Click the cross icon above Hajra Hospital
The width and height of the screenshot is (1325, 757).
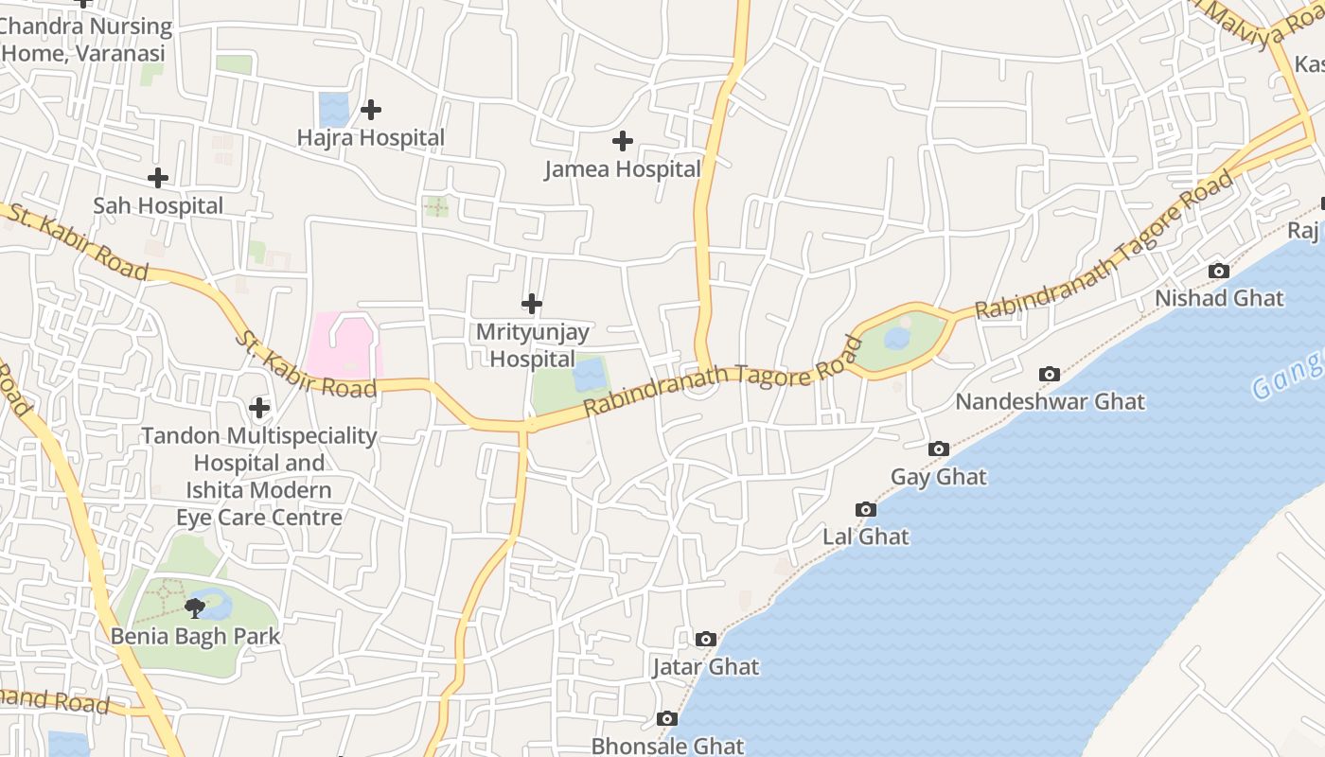(371, 110)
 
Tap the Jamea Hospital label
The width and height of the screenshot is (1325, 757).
(622, 169)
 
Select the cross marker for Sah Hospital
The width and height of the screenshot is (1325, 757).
(158, 177)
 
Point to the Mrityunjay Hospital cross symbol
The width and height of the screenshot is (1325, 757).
(532, 304)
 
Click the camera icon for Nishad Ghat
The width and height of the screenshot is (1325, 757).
(1219, 272)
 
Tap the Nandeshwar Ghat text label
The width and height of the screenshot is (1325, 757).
(1050, 401)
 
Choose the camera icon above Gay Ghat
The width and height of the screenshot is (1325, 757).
(939, 449)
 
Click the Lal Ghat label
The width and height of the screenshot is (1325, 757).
(865, 537)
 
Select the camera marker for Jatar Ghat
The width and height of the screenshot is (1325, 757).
(705, 640)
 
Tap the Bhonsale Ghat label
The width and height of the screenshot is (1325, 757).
(667, 746)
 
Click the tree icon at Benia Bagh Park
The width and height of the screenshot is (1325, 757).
(195, 607)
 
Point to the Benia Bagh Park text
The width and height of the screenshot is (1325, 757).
(196, 636)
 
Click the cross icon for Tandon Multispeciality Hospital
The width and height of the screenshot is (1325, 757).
(259, 408)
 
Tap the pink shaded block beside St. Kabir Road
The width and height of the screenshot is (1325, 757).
(343, 345)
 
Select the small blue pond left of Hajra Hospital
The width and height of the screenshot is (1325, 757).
(333, 109)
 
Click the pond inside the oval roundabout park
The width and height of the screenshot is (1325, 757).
(896, 338)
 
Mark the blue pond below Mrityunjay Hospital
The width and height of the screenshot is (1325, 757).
(589, 375)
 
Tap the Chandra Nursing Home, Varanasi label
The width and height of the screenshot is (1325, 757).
(85, 40)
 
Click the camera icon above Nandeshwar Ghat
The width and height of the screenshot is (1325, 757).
(1050, 374)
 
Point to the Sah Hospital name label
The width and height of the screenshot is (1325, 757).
(158, 205)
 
